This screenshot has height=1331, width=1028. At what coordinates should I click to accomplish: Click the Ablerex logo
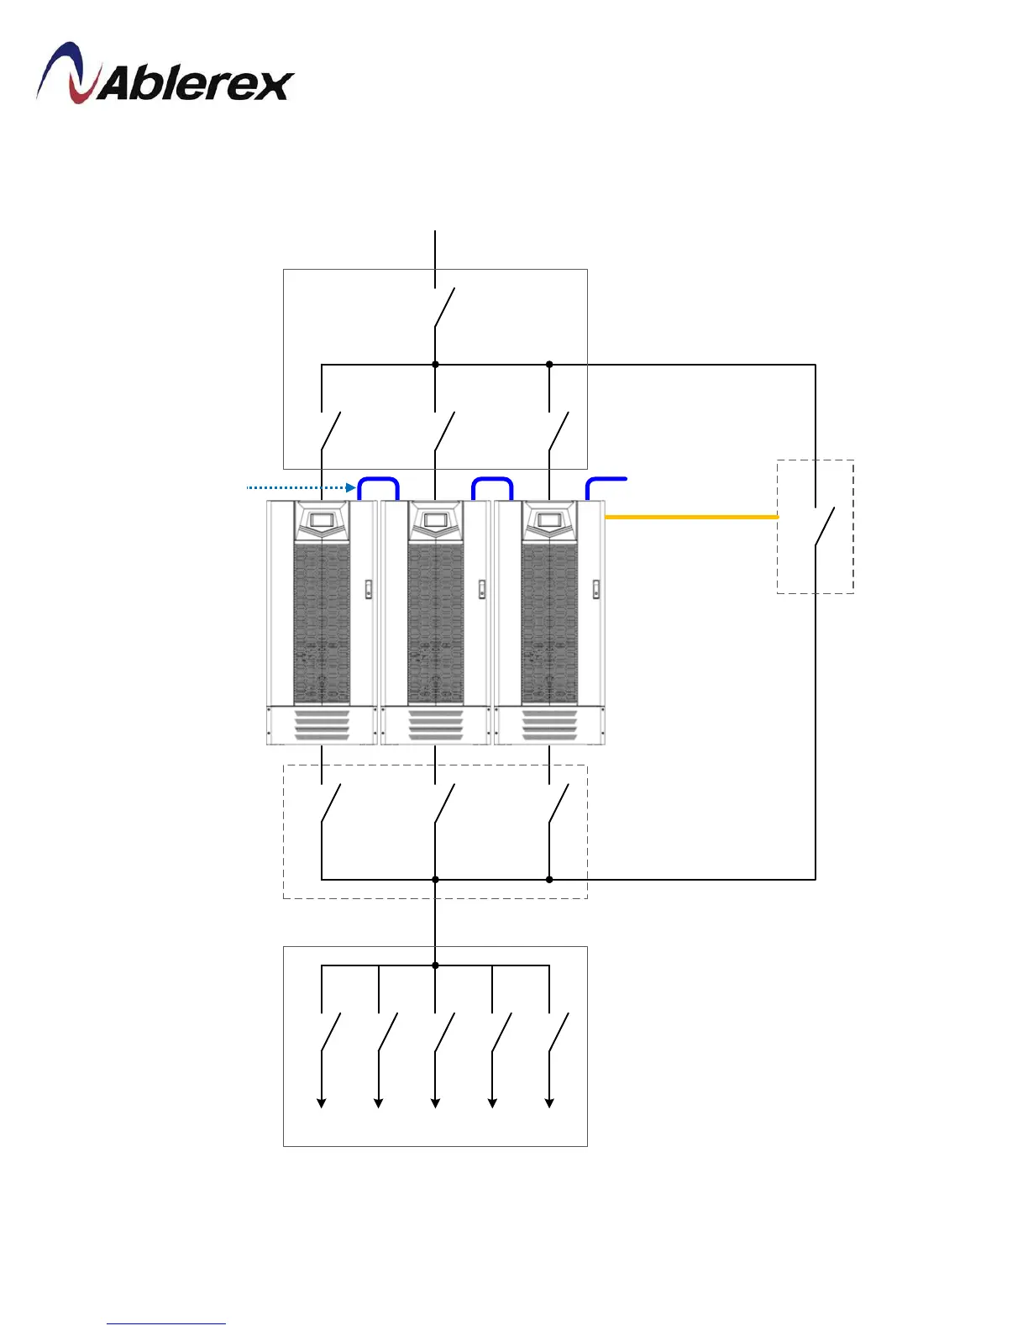point(165,75)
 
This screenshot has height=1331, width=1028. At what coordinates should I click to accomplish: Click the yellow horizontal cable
point(691,517)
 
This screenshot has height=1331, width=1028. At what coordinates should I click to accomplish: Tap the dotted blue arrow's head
point(352,487)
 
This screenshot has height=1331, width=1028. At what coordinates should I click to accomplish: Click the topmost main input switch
point(443,308)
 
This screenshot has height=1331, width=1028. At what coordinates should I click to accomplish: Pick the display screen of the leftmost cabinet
point(322,520)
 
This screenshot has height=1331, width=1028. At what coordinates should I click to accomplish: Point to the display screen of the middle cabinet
point(435,520)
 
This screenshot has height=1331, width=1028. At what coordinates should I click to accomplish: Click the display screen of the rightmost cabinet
point(549,520)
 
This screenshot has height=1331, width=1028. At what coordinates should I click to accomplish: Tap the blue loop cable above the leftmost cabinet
point(379,481)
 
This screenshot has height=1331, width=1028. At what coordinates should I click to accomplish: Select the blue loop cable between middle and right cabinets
point(492,481)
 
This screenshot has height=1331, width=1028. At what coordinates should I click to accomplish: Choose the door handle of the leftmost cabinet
point(368,589)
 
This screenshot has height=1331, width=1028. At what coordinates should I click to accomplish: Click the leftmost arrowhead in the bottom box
point(322,1102)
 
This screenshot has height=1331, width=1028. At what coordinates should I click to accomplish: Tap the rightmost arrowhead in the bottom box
point(549,1102)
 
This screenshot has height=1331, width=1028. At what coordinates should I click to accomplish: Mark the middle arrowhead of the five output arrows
point(435,1102)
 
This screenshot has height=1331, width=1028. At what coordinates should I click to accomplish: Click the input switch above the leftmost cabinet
point(330,432)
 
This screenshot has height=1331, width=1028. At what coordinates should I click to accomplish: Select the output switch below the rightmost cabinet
point(558,804)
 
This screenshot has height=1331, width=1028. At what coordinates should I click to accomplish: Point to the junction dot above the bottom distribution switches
point(435,965)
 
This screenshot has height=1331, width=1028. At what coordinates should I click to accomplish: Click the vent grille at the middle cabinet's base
point(435,726)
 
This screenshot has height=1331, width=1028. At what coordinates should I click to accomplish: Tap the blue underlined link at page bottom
point(166,1323)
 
